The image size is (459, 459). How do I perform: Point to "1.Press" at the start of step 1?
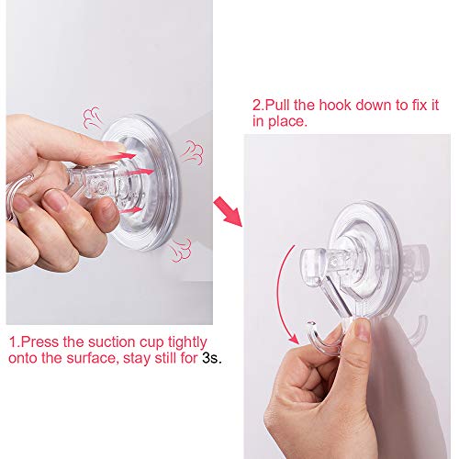pyautogui.click(x=31, y=342)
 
